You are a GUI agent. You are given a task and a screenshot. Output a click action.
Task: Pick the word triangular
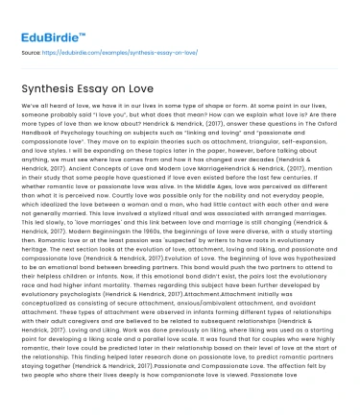coord(242,156)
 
